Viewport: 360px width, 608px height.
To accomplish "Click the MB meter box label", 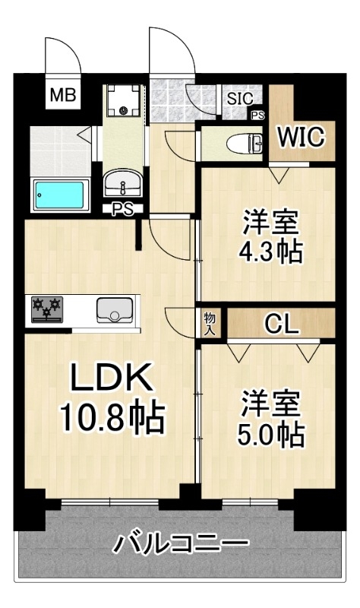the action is [63, 94].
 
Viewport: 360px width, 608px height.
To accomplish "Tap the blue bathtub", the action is [60, 195].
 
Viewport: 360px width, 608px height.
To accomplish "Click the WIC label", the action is [302, 137].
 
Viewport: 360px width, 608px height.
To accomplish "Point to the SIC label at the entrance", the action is [240, 99].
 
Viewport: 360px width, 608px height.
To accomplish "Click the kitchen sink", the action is [115, 310].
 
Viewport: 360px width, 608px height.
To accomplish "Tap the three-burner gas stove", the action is [47, 309].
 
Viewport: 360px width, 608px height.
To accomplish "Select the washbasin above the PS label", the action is [123, 182].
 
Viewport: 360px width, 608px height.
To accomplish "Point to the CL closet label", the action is [282, 324].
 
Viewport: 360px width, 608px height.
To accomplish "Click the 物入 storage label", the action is [210, 325].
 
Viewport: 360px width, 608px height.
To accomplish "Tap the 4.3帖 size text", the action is [270, 252].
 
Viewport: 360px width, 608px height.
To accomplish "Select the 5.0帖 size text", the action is [271, 435].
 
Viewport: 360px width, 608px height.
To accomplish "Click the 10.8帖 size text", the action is [112, 418].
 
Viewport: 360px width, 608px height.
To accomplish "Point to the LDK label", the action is [110, 377].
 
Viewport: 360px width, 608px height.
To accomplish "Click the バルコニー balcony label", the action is [180, 544].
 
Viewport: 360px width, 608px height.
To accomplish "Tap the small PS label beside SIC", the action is [258, 116].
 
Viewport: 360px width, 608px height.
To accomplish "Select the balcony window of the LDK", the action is [110, 503].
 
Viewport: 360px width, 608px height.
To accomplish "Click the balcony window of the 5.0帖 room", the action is [251, 503].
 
